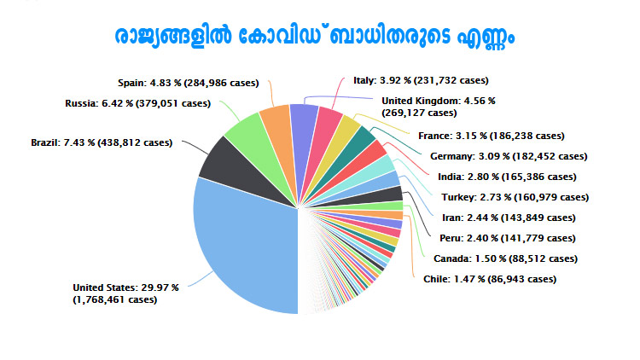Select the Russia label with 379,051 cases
(x=137, y=103)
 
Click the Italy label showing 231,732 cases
(x=421, y=80)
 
